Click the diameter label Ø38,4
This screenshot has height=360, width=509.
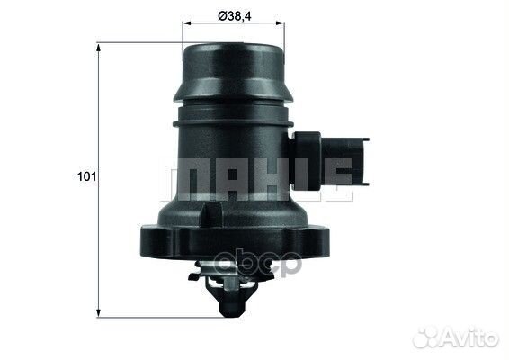(x=234, y=16)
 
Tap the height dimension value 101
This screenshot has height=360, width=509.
(x=86, y=176)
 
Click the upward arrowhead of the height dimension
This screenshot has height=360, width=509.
(x=99, y=49)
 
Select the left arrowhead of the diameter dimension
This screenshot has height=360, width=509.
(x=188, y=23)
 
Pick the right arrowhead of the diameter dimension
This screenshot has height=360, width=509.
(x=280, y=23)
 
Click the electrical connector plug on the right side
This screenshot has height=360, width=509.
(x=330, y=160)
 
